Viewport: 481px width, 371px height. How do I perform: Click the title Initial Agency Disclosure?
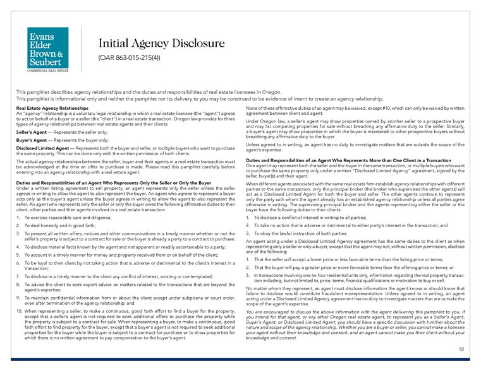pos(161,43)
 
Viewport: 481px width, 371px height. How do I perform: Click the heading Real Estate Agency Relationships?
pos(53,109)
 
